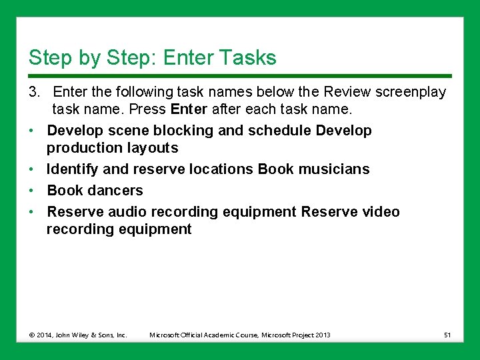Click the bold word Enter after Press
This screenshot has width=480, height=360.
point(189,109)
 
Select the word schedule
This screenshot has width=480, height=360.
point(279,131)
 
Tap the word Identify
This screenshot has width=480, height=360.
point(73,169)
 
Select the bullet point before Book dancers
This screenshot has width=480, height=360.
point(32,191)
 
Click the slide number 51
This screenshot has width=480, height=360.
point(447,335)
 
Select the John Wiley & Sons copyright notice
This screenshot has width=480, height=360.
point(78,335)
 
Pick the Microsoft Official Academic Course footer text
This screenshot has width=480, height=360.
point(240,335)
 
